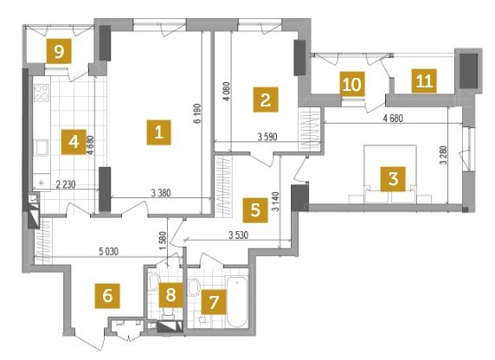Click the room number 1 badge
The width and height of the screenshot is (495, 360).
click(x=158, y=132)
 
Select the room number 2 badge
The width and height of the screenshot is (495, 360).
click(x=266, y=100)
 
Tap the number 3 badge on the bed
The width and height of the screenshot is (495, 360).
click(x=393, y=179)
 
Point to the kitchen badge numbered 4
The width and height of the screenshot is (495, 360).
click(x=74, y=142)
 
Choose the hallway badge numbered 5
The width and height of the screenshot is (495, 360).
click(x=255, y=210)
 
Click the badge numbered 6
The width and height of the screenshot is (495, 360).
click(x=107, y=296)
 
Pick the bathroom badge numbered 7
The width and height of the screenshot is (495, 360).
click(x=214, y=302)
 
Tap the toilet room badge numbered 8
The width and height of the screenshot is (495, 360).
click(x=170, y=295)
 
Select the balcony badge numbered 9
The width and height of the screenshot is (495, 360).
click(x=59, y=51)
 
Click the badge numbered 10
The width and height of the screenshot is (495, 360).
click(x=352, y=84)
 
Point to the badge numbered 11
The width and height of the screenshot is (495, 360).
click(x=424, y=81)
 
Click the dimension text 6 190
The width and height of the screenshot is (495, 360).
click(x=198, y=113)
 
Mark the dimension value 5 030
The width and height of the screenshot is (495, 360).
click(x=108, y=252)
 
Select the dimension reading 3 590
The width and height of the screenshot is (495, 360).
click(x=267, y=137)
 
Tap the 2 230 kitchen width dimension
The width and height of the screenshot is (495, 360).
click(x=66, y=184)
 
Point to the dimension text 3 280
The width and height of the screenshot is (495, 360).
click(x=443, y=155)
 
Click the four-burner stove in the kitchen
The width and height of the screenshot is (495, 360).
click(x=42, y=93)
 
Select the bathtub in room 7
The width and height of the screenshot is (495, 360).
click(x=237, y=302)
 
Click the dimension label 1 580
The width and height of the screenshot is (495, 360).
click(x=163, y=241)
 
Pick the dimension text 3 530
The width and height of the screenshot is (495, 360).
click(x=238, y=235)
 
